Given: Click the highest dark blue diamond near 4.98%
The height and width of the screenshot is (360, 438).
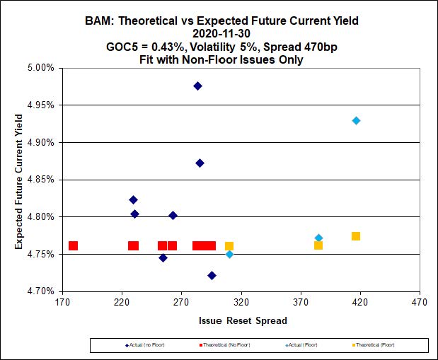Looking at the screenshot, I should click(x=198, y=86).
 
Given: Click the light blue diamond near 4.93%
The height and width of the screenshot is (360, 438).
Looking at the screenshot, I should click(x=357, y=120).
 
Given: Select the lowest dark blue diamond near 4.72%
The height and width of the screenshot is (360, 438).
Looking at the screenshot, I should click(x=212, y=275).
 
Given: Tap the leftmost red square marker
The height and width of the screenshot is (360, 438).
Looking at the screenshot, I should click(x=73, y=246).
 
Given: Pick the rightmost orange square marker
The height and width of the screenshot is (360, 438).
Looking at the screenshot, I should click(x=356, y=236).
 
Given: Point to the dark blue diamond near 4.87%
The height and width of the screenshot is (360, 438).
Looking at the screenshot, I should click(x=200, y=163).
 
